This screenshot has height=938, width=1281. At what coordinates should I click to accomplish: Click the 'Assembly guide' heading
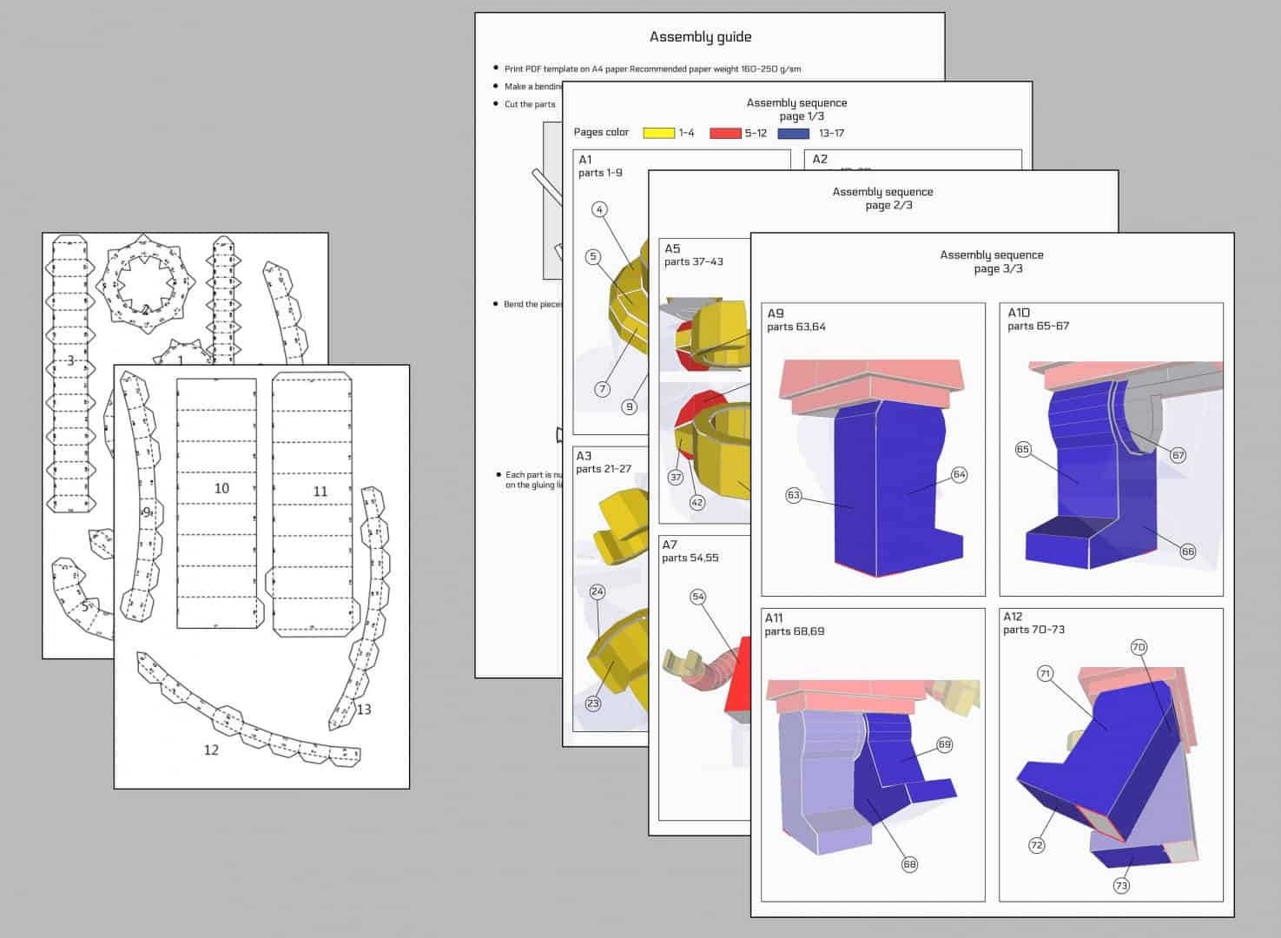pos(700,36)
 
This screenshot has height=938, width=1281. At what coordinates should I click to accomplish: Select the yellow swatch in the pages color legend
pos(658,133)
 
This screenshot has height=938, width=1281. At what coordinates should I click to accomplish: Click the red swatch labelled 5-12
pos(725,133)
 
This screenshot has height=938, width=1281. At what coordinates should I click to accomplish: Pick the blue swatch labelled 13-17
pos(793,133)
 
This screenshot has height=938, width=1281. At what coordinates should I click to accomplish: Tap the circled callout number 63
pos(793,495)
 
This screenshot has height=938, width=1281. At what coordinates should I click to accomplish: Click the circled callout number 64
pos(959,474)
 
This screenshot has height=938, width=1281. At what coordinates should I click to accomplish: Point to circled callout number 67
pos(1178,455)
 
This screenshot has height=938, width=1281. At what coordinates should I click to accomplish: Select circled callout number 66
pos(1187,552)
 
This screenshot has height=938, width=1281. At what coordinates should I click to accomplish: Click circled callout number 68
pos(909,864)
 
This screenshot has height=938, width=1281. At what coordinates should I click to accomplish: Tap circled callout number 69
pos(944,744)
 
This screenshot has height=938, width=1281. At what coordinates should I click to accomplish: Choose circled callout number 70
pos(1139,647)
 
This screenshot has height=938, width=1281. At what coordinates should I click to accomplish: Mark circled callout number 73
pos(1121,886)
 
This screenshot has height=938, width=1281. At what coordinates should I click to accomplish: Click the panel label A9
pos(775,313)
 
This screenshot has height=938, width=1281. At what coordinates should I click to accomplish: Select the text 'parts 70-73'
pos(1033,630)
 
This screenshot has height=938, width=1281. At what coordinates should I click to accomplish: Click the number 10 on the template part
pos(221,489)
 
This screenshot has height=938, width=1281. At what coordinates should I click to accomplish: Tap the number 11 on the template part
pos(320,492)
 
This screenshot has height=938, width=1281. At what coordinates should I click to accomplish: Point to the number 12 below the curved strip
pos(211,750)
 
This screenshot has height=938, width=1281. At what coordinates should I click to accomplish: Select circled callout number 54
pos(698,597)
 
